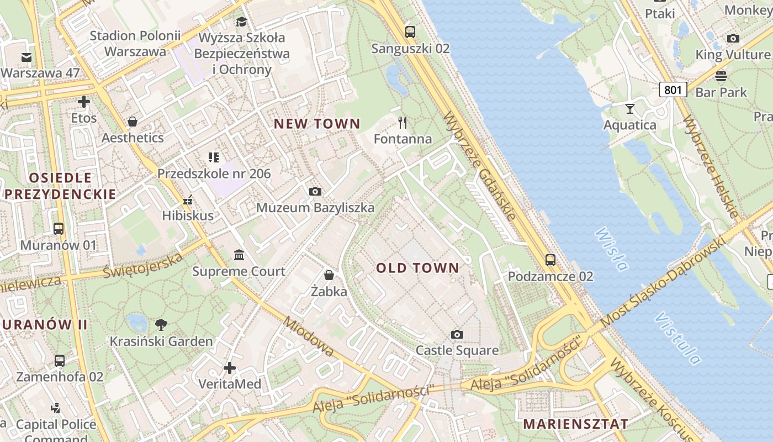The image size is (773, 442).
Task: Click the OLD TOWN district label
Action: tap(417, 269)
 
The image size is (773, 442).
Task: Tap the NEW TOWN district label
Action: tap(317, 124)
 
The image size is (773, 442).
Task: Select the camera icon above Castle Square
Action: tap(457, 334)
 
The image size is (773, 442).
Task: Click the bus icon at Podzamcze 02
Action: tap(550, 260)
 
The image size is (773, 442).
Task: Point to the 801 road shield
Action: tap(673, 89)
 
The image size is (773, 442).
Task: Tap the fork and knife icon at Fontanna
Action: tap(403, 122)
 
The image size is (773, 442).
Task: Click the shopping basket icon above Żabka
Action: tap(329, 275)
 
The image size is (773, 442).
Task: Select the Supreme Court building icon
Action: tap(239, 255)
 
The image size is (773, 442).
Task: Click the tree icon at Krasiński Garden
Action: tap(161, 325)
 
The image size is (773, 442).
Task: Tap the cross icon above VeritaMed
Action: tap(230, 367)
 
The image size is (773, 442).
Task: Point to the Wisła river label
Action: tap(612, 250)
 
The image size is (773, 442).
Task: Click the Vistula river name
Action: tap(678, 339)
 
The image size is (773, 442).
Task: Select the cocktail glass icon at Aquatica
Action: tap(629, 108)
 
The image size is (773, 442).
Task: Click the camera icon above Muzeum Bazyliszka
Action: tap(315, 191)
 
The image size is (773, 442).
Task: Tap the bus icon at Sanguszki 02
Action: tap(410, 32)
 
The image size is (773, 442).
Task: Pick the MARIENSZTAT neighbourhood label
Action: tap(575, 424)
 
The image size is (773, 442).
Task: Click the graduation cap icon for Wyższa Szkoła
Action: tap(241, 22)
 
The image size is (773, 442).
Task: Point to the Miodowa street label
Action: tap(309, 336)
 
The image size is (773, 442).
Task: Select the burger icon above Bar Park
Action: tap(721, 76)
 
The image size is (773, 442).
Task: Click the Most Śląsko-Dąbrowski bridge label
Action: tap(663, 283)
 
